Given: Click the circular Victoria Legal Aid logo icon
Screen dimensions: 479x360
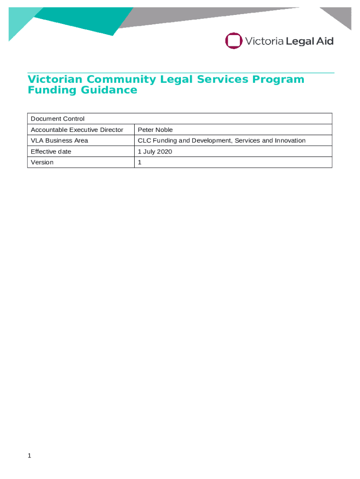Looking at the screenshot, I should pyautogui.click(x=233, y=41).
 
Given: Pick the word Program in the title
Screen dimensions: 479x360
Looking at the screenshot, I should pyautogui.click(x=279, y=80).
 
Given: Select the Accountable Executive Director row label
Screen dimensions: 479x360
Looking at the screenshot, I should pyautogui.click(x=77, y=130).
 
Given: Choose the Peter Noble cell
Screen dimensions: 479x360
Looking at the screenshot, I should pyautogui.click(x=155, y=130).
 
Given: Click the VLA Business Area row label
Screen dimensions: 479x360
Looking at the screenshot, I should pyautogui.click(x=59, y=140).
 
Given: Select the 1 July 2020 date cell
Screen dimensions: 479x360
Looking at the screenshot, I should pyautogui.click(x=155, y=152).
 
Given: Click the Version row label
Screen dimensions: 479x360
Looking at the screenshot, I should pyautogui.click(x=42, y=162).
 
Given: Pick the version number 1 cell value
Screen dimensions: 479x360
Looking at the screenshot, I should pyautogui.click(x=139, y=162).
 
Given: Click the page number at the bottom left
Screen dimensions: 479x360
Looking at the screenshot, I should pyautogui.click(x=29, y=456).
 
